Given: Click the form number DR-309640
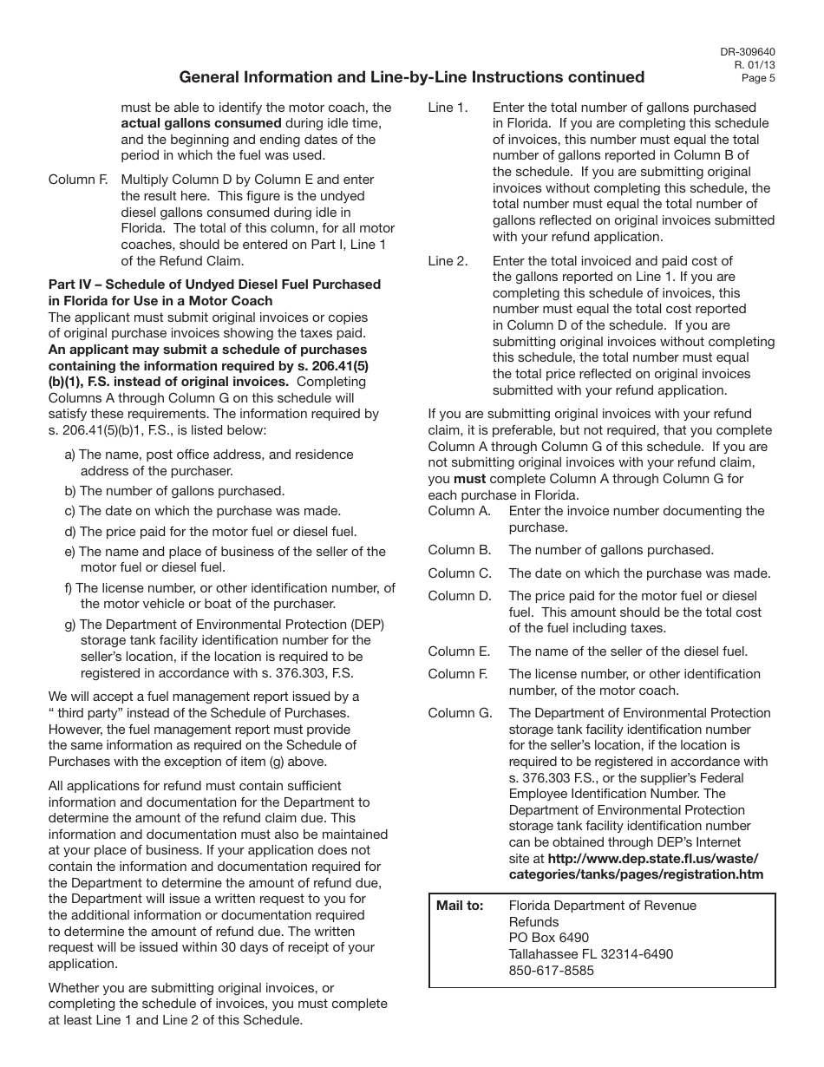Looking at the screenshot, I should click(747, 50).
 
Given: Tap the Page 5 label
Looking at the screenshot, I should click(758, 78).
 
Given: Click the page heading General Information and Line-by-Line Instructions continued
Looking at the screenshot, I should click(411, 77).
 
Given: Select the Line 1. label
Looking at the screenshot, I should click(448, 108).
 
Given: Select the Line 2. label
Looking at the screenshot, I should click(448, 260).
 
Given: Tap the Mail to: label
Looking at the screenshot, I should click(460, 906).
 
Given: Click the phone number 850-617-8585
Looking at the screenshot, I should click(551, 971).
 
